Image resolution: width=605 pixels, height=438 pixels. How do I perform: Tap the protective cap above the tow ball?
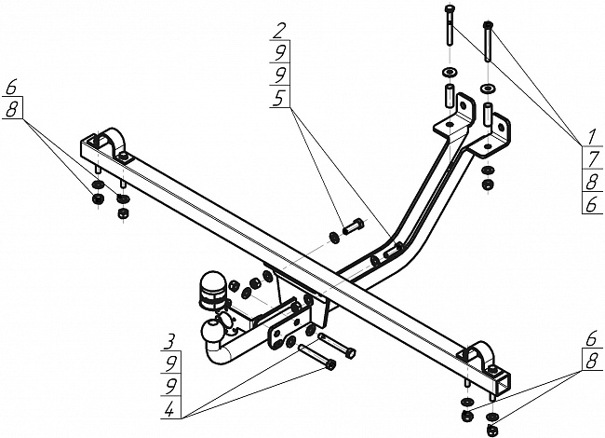(209, 286)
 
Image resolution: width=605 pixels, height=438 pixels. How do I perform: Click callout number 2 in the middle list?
(279, 29)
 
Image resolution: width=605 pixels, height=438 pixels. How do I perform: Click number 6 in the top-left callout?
(11, 87)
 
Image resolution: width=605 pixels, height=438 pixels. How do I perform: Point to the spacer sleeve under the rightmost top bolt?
(488, 115)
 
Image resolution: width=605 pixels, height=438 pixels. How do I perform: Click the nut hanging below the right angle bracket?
(486, 185)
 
